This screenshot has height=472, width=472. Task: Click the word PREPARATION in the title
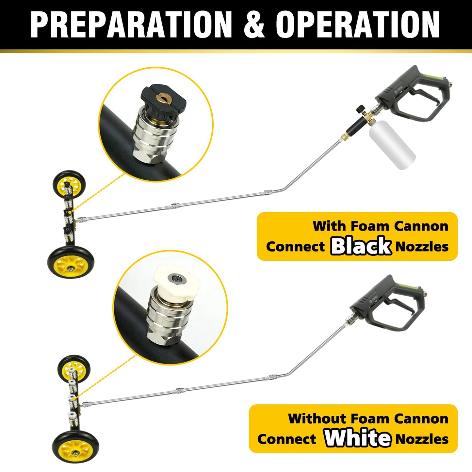pyautogui.click(x=131, y=25)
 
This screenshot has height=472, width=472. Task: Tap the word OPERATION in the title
pyautogui.click(x=358, y=25)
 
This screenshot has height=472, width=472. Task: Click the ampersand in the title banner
pyautogui.click(x=254, y=25)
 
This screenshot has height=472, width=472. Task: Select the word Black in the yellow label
pyautogui.click(x=361, y=246)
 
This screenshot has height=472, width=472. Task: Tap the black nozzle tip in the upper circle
pyautogui.click(x=163, y=100)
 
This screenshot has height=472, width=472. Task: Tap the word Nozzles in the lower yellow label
pyautogui.click(x=422, y=439)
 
